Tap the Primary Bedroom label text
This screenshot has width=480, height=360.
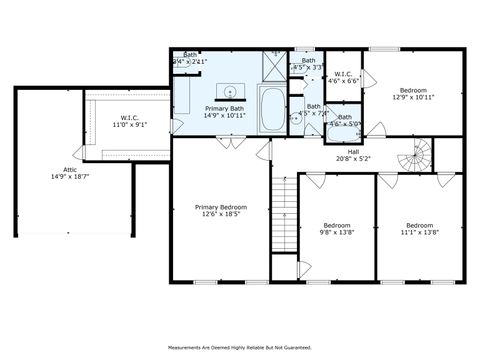click(x=220, y=207)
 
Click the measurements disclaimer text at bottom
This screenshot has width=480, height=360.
click(x=240, y=348)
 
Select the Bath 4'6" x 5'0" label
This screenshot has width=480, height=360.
click(x=343, y=120)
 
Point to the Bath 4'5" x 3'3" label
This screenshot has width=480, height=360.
click(x=309, y=65)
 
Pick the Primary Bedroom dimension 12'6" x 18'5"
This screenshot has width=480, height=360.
click(x=220, y=214)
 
